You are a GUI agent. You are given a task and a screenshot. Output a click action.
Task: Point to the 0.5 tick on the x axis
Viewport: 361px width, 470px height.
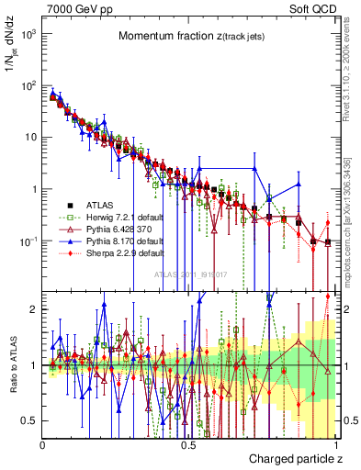(188, 444)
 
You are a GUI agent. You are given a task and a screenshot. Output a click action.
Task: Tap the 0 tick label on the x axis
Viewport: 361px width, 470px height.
(43, 444)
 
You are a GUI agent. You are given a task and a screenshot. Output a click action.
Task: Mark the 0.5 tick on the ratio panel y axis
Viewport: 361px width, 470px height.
(30, 420)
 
